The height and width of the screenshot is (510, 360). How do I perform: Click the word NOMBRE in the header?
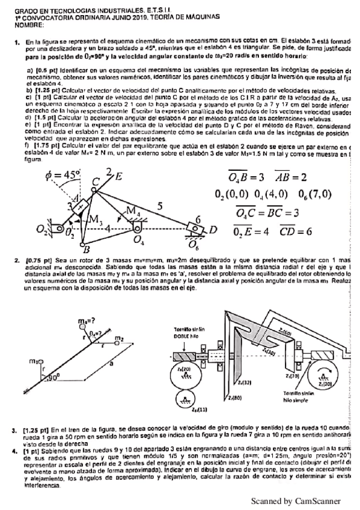[x=28, y=25]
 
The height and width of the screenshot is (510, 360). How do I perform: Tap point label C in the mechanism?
[x=96, y=182]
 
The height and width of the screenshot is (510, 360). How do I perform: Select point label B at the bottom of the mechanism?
[x=87, y=250]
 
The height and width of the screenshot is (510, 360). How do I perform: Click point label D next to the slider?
[x=212, y=230]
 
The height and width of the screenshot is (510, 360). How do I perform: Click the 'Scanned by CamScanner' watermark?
[x=295, y=500]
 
